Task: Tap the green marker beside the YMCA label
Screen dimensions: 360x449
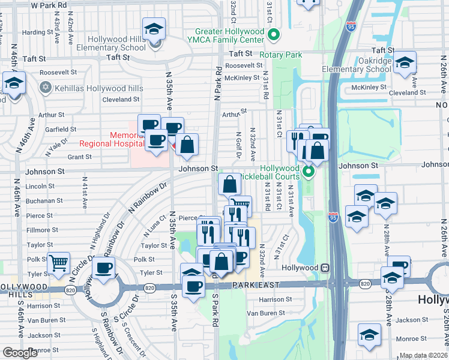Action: pos(274,34)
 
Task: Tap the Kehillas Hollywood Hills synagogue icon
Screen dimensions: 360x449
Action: pos(44,88)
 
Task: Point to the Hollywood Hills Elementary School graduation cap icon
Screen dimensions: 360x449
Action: pos(154,28)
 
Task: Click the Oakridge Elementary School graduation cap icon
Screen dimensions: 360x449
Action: pos(405,62)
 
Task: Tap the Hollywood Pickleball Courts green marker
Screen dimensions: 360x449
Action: pos(309,173)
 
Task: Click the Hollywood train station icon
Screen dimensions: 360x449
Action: pos(324,268)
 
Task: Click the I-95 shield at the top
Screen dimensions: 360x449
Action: pos(351,25)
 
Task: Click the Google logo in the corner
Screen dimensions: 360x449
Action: pos(20,353)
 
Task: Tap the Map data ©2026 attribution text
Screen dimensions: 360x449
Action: pos(423,356)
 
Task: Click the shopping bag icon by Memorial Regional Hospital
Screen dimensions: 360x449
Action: pos(187,144)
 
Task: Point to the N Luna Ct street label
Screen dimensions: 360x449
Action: pos(154,227)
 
